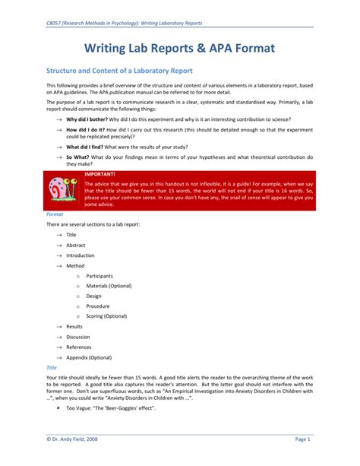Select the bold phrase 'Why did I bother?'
point(90,120)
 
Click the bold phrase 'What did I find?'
point(88,147)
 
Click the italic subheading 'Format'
point(55,214)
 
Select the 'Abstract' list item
point(76,245)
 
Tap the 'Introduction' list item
point(80,255)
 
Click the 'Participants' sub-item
point(100,275)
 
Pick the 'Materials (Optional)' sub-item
point(111,286)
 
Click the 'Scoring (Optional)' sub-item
point(106,315)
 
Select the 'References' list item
point(79,347)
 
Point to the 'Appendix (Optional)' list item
point(89,357)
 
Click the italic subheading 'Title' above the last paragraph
point(52,367)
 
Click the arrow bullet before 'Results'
point(59,326)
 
